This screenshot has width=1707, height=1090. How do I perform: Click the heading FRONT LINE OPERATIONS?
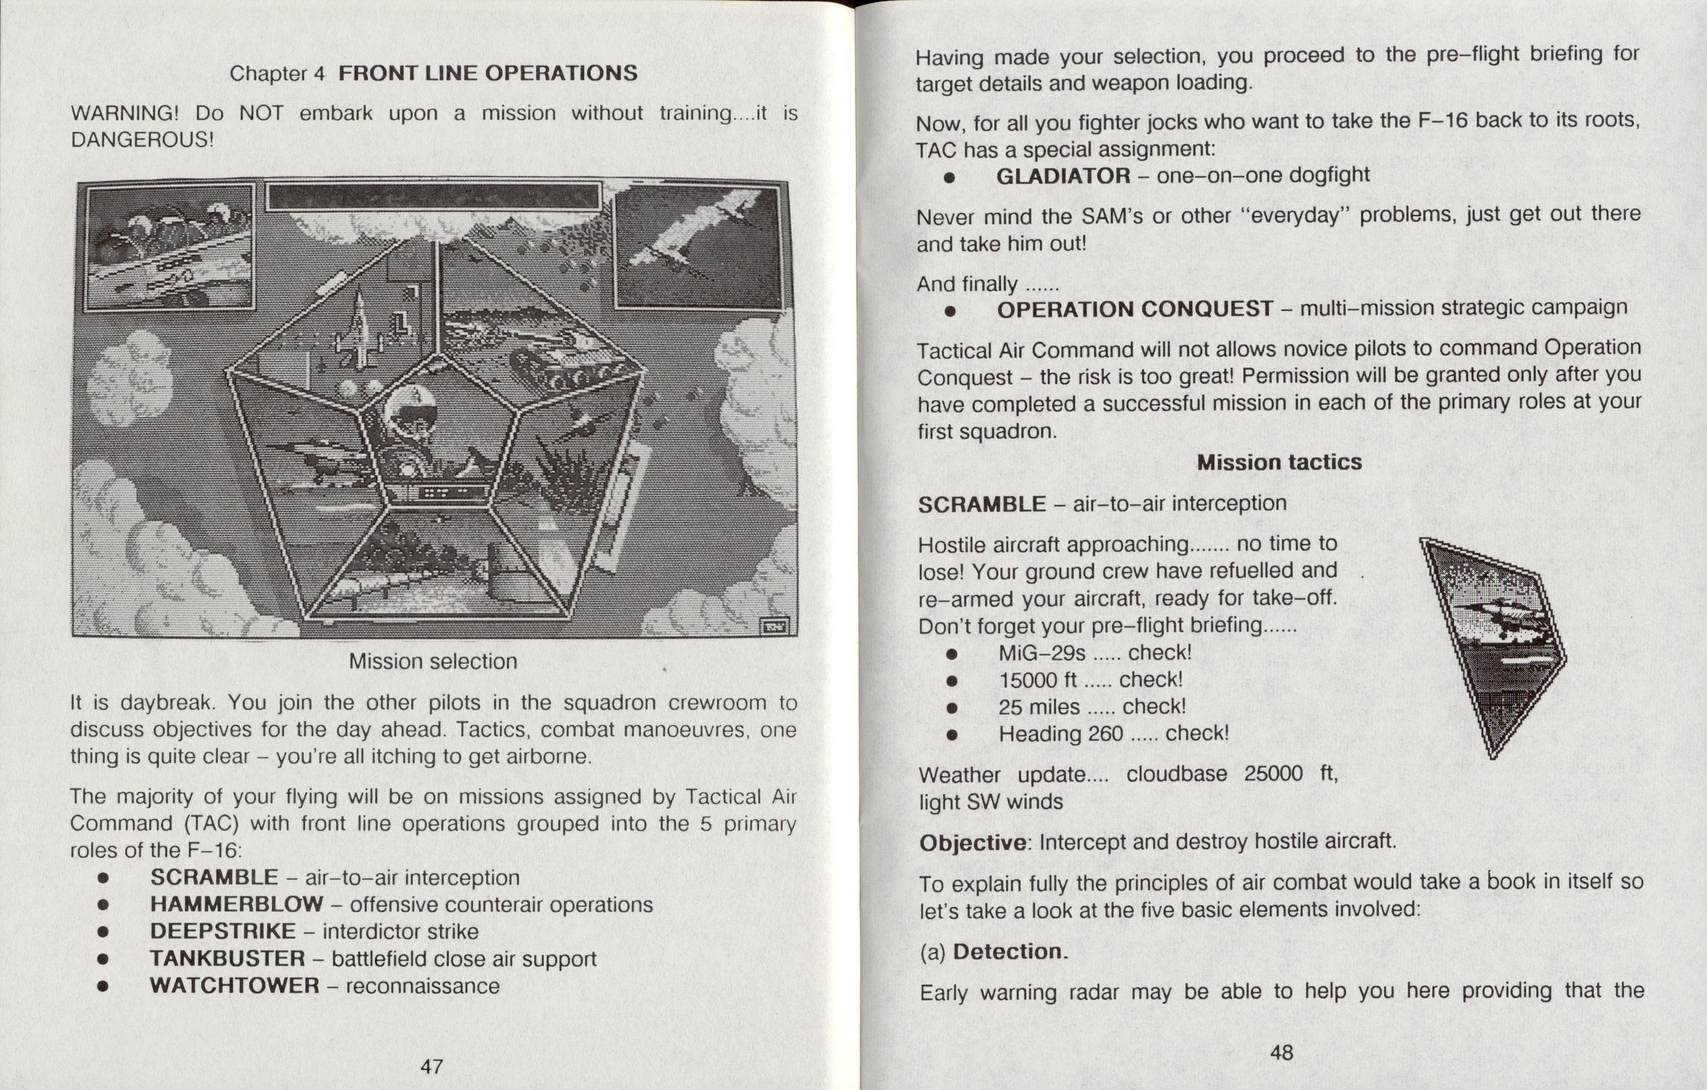point(488,73)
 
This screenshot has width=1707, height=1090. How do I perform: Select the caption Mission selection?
point(433,661)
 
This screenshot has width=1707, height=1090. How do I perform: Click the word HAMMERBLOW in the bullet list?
point(236,905)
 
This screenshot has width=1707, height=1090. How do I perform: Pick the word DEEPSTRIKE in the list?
point(223,931)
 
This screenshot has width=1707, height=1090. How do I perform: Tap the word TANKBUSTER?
point(227,958)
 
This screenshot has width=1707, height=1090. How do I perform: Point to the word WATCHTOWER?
point(234,986)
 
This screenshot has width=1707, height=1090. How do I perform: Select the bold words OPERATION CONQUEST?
point(1135,310)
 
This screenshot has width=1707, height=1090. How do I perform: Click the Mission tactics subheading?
point(1279,463)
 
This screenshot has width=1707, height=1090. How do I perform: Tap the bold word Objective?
point(972,843)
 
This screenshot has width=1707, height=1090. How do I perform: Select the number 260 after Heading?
point(1105,733)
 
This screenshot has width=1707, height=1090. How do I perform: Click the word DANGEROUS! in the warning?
point(142,140)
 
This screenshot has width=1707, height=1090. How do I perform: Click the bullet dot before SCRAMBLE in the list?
point(103,878)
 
